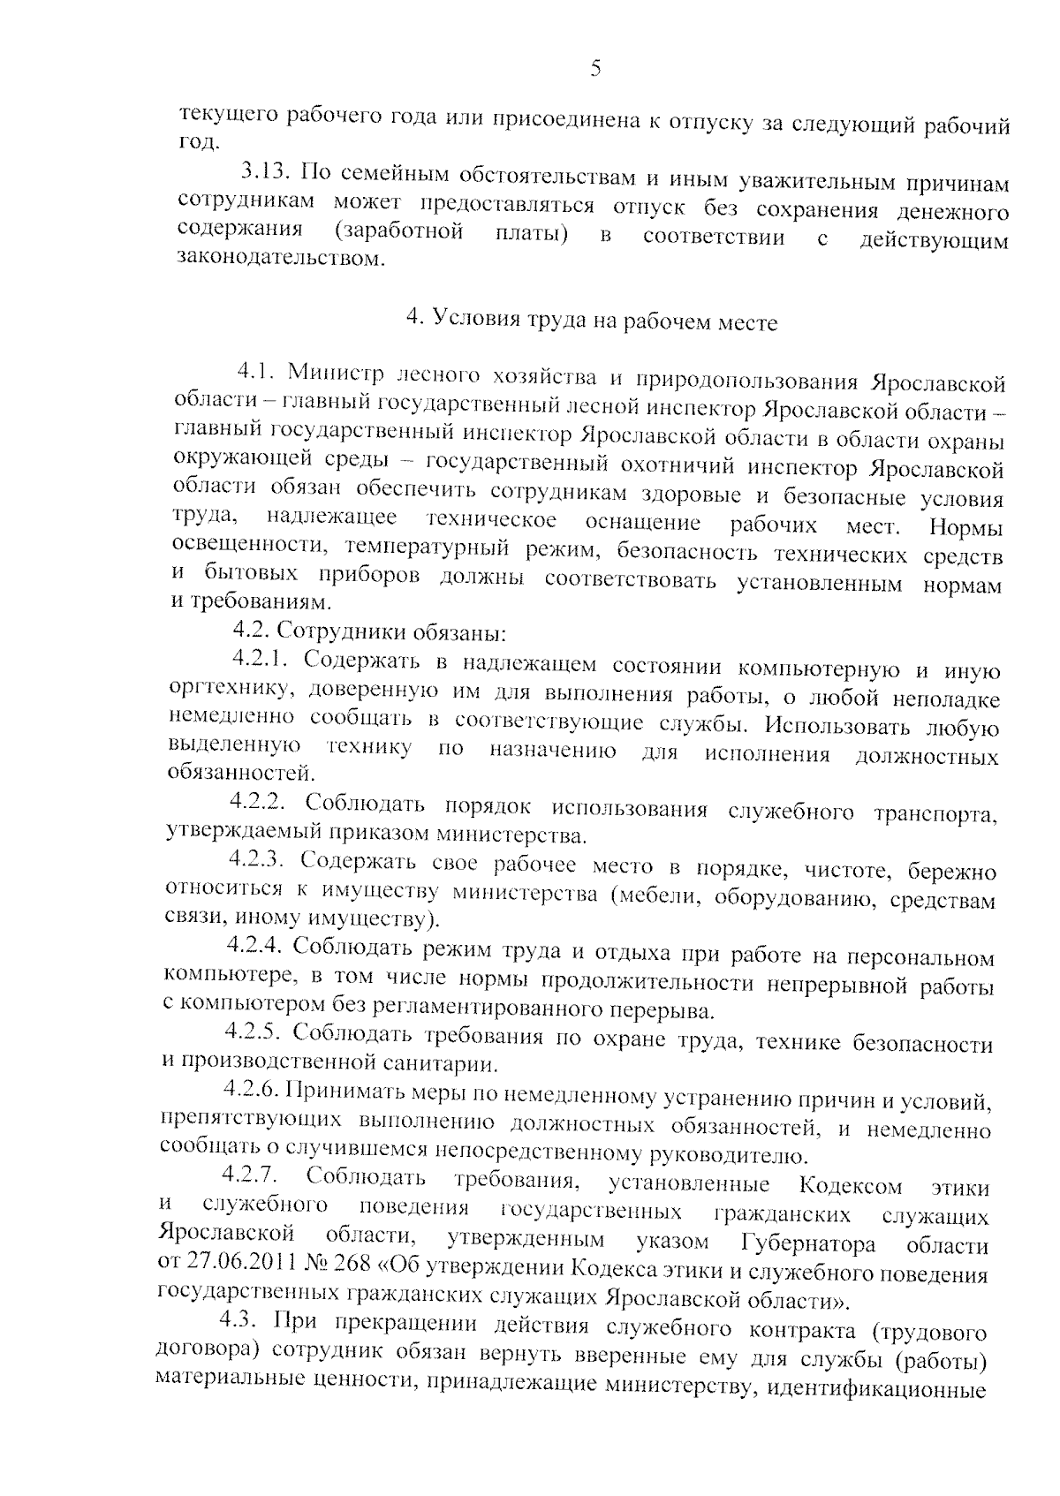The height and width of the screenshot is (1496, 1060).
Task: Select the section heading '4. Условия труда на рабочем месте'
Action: point(591,321)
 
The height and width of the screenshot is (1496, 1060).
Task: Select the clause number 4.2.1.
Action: point(262,659)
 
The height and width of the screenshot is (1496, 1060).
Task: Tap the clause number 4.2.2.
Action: point(260,802)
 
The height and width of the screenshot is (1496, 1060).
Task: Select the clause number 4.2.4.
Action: point(254,946)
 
